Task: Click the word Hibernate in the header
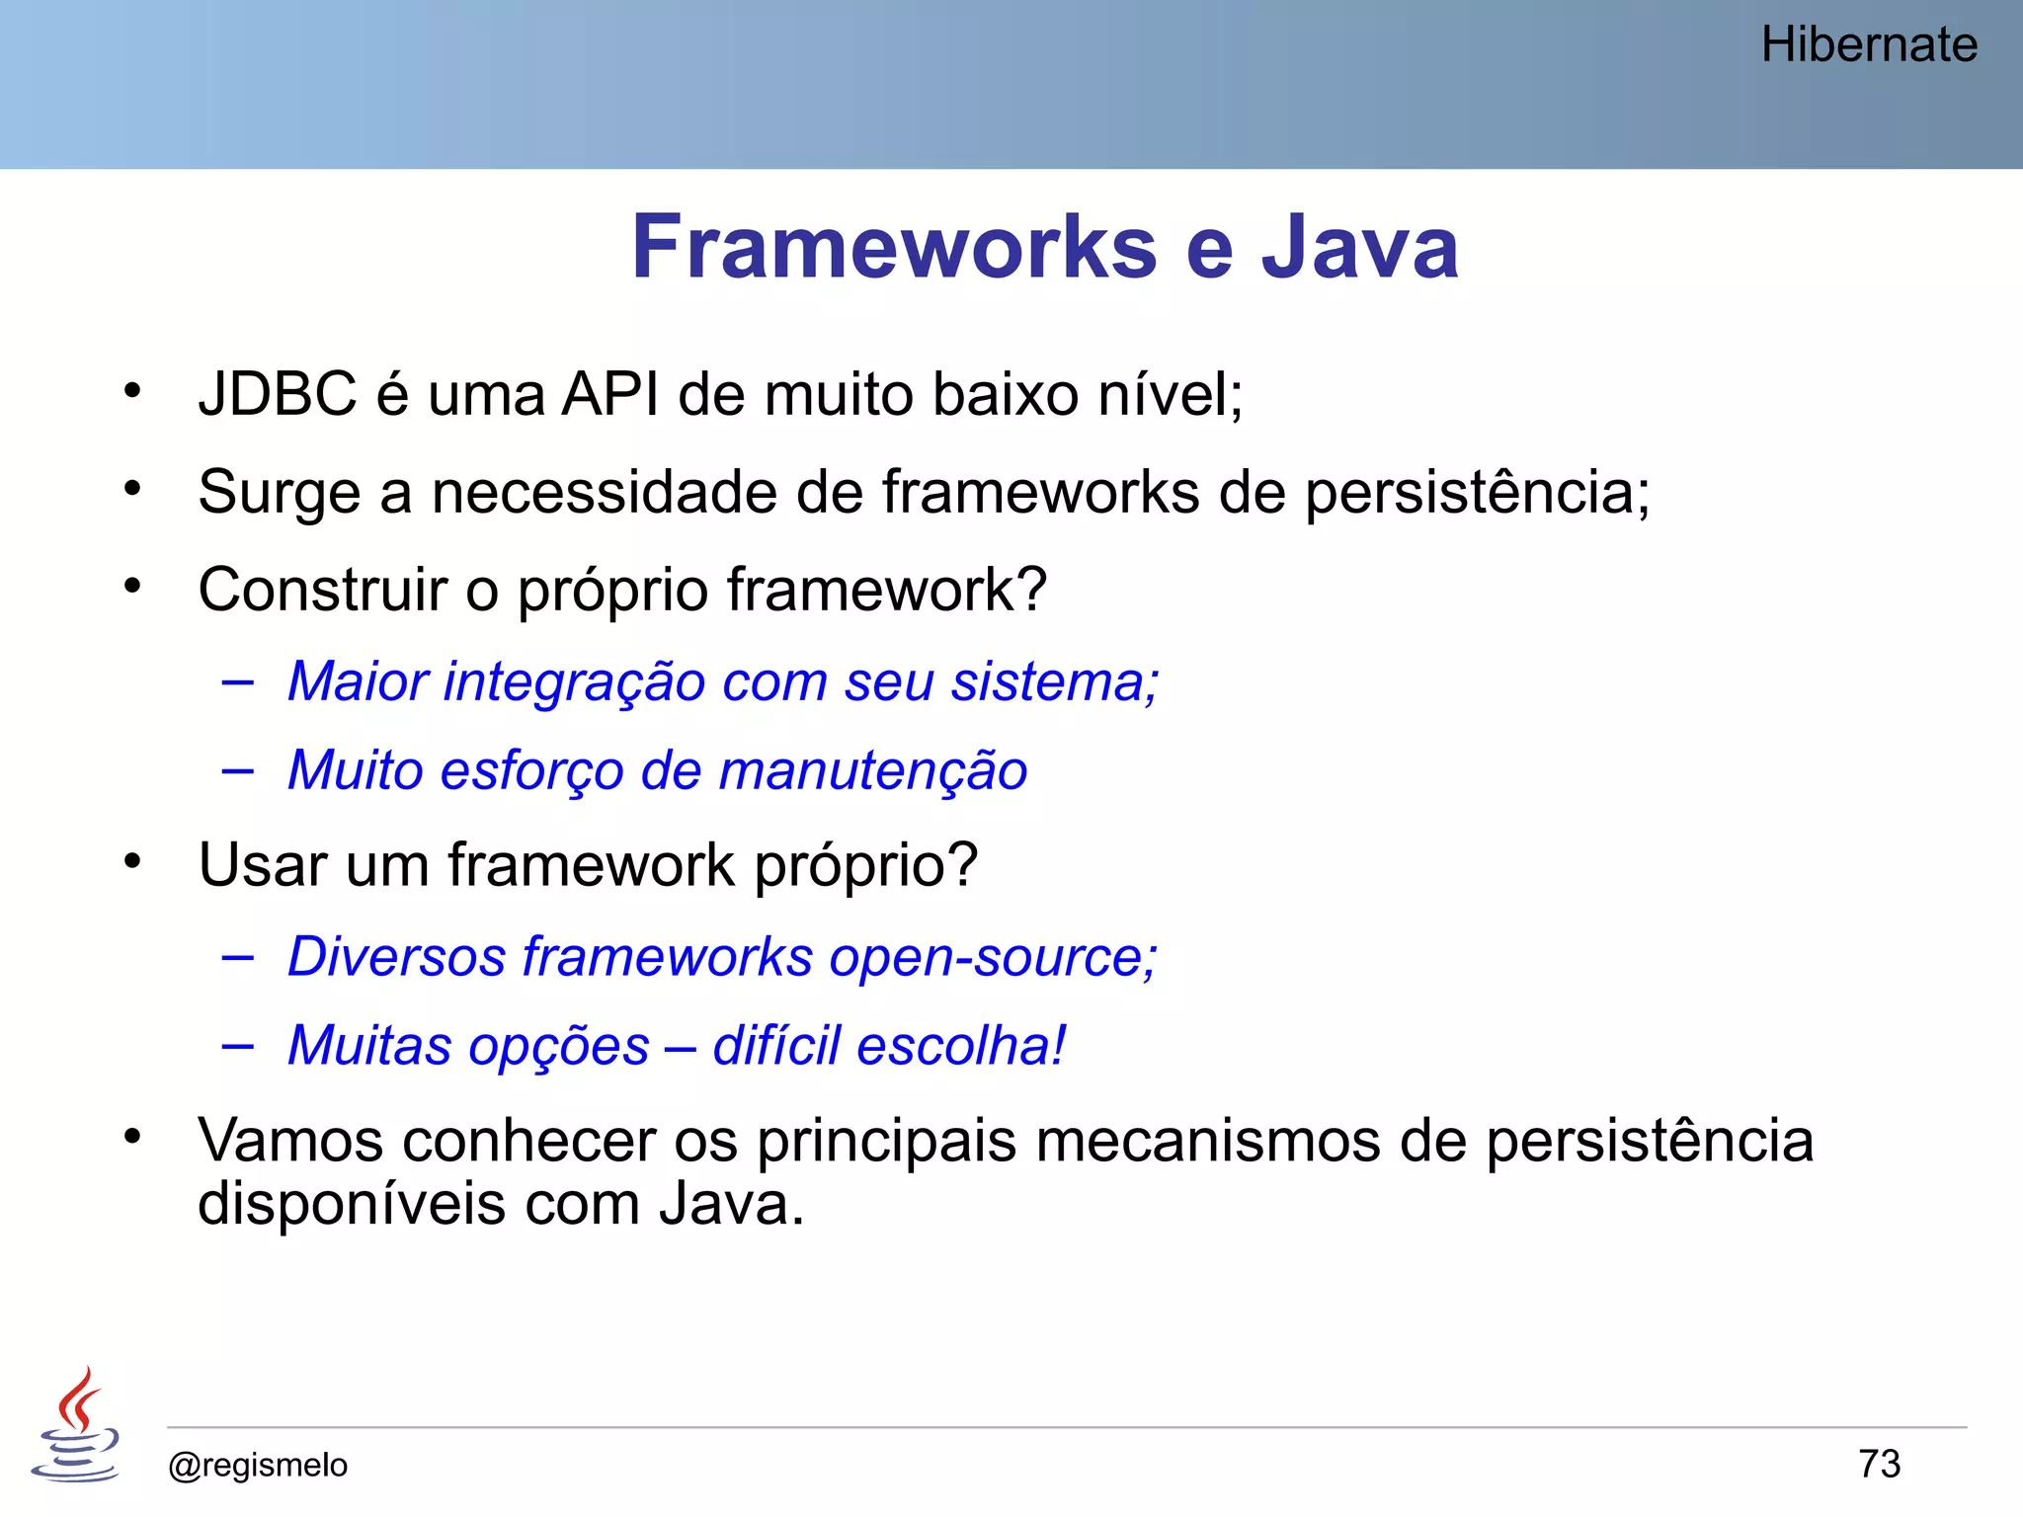[1868, 45]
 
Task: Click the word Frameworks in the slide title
[893, 247]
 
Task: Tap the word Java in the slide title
[1359, 247]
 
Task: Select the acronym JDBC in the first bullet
[277, 394]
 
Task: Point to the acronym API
[609, 394]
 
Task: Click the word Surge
[279, 493]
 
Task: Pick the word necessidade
[604, 492]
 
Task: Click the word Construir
[322, 590]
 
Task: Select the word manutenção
[873, 770]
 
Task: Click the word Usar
[262, 865]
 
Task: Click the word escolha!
[961, 1045]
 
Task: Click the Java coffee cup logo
[76, 1425]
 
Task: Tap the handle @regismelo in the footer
[258, 1465]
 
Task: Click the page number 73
[1879, 1464]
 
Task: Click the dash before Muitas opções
[237, 1045]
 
